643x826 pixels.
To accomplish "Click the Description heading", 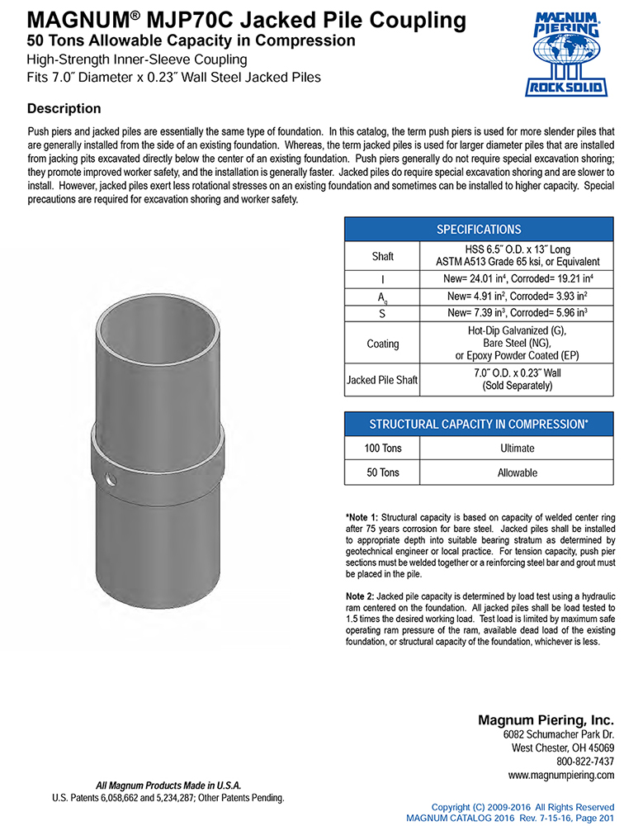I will pos(64,109).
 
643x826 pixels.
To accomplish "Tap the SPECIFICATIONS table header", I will pos(478,230).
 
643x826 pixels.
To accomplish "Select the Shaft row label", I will pos(382,257).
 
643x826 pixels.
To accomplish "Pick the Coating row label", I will pos(382,344).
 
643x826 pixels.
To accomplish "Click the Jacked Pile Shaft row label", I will pos(382,380).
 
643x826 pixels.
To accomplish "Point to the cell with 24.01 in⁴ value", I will pos(517,281).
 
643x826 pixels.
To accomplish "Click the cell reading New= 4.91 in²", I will pos(517,297).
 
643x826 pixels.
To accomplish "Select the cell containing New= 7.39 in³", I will pos(517,312).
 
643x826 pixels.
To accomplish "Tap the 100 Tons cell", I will pos(382,449).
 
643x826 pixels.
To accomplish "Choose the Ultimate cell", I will pos(517,449).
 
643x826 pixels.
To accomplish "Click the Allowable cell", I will pos(517,472).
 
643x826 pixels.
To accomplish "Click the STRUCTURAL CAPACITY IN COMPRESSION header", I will pos(478,424).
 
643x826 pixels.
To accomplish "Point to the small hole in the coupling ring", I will pos(111,479).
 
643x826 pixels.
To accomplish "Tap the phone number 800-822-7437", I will pos(585,761).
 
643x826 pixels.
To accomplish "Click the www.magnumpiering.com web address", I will pos(561,775).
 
